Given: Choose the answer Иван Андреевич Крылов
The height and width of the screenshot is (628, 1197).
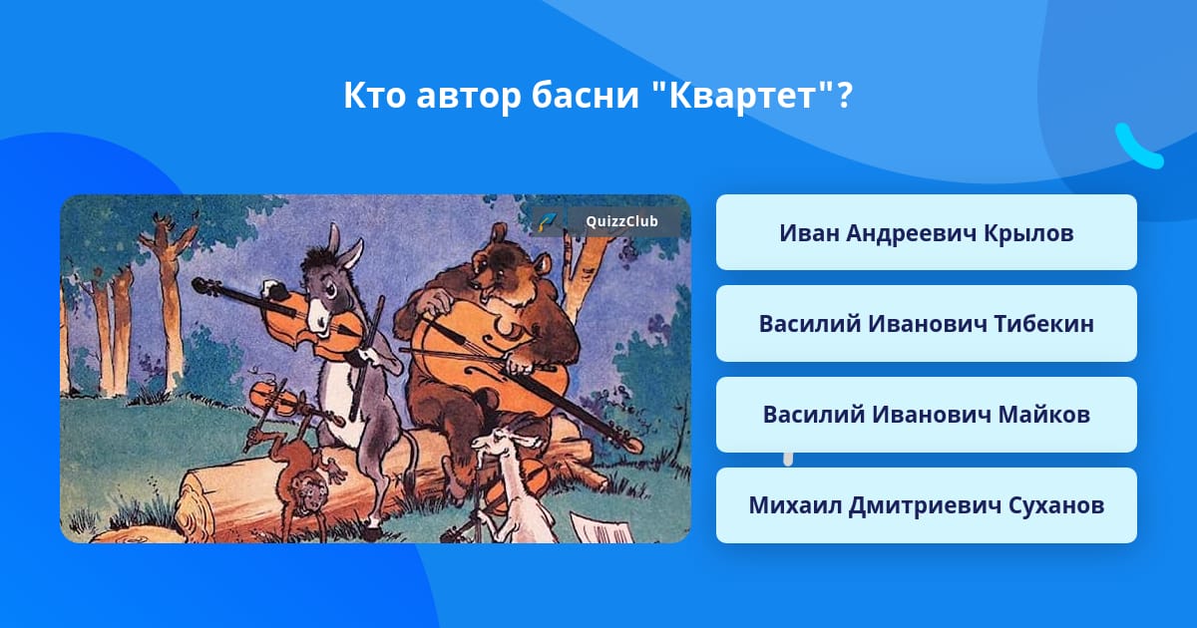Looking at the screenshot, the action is click(926, 232).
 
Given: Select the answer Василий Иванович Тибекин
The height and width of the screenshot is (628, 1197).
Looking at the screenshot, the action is click(926, 324).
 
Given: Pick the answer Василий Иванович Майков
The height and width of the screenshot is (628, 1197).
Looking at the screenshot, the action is click(926, 415).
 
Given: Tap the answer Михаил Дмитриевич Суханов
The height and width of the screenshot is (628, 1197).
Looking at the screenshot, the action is click(926, 505).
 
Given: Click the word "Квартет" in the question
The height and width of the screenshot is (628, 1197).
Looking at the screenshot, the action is click(743, 95).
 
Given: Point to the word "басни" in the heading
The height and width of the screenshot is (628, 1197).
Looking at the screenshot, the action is click(586, 95).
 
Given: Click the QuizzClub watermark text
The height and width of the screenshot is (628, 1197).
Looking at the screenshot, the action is click(621, 221).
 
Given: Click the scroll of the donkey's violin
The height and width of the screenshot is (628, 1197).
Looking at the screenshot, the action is click(201, 285).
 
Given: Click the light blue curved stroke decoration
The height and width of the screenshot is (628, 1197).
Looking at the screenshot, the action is click(1138, 146).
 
